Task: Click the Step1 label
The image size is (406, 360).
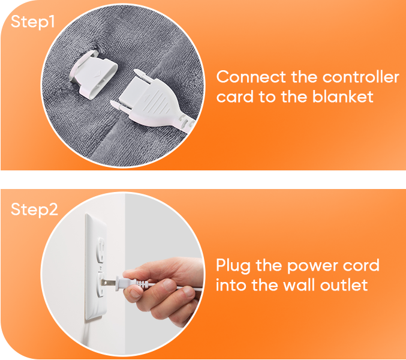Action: (x=32, y=22)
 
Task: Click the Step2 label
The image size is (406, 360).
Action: (x=34, y=209)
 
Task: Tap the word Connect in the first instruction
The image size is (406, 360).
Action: (x=251, y=77)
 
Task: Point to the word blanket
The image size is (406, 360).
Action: (x=342, y=97)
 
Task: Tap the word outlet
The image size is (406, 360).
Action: (x=344, y=285)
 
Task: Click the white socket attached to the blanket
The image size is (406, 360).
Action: (x=93, y=74)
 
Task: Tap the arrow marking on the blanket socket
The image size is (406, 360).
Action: (x=97, y=74)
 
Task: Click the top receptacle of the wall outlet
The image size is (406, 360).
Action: (x=101, y=250)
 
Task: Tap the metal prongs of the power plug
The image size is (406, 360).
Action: (x=109, y=283)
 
